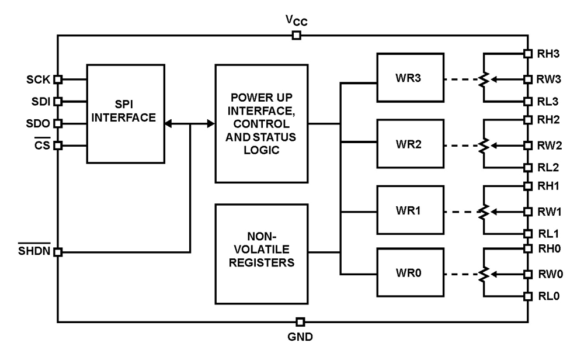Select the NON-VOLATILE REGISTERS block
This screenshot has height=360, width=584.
coord(262,252)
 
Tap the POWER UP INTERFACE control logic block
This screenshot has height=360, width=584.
coord(262,123)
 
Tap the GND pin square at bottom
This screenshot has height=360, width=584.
coord(300,322)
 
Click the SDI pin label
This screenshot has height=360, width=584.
coord(41,101)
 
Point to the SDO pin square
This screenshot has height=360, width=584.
coord(58,123)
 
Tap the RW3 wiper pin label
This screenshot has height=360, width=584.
coord(549,79)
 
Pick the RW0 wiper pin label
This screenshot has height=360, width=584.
coord(549,274)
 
